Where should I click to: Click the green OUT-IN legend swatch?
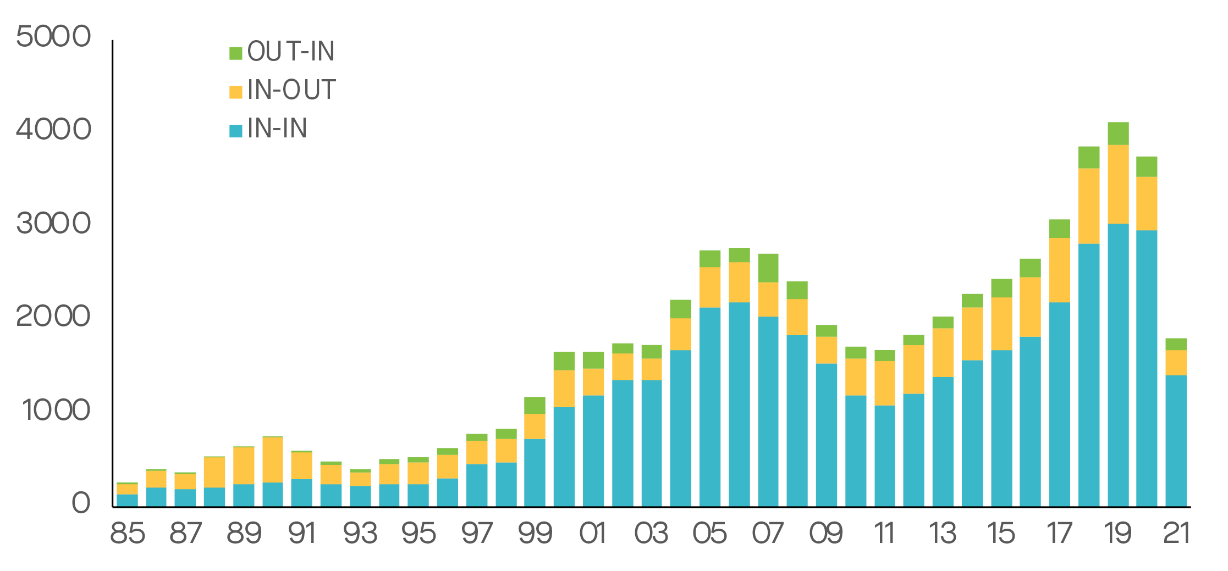coord(235,53)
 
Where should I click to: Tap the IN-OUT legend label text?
coord(291,90)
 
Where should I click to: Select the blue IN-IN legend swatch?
coord(235,131)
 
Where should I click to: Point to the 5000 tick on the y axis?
coord(53,37)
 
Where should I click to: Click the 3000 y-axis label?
coord(53,224)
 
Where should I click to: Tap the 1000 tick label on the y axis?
coord(56,410)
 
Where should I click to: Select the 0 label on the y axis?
coord(81,503)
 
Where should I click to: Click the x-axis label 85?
coord(128,534)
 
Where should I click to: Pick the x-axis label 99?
coord(535,534)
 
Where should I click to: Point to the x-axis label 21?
coord(1176,534)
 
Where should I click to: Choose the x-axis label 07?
coord(768,534)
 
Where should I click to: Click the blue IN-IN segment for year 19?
coord(1118,363)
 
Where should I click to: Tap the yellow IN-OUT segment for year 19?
coord(1118,184)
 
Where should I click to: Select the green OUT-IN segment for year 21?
coord(1176,344)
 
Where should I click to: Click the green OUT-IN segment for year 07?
coord(768,268)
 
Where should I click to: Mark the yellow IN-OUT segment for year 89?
coord(244,465)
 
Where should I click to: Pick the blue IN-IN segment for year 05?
coord(710,407)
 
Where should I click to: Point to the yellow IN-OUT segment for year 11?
coord(884,383)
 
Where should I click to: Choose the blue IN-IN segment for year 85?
coord(128,500)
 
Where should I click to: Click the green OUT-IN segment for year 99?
coord(535,406)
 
